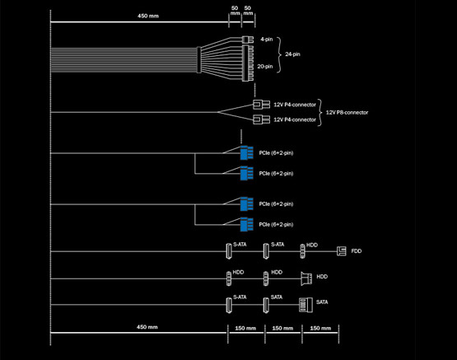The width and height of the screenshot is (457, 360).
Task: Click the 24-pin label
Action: [x=292, y=54]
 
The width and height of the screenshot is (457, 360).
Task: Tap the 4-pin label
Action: [x=267, y=40]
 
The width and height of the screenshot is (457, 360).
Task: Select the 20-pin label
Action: [x=265, y=67]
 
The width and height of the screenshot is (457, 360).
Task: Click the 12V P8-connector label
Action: [x=347, y=113]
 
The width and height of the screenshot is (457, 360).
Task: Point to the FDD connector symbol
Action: [x=341, y=251]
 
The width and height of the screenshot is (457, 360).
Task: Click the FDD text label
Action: [x=357, y=251]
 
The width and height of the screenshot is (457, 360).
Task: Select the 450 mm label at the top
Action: [x=148, y=16]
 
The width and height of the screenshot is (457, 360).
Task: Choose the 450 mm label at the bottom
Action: [x=147, y=327]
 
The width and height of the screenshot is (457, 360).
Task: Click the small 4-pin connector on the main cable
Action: [x=248, y=40]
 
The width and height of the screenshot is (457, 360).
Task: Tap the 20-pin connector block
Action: [x=248, y=63]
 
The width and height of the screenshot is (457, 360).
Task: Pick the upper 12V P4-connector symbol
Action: [x=261, y=105]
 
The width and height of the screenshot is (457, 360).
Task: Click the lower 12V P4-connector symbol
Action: [x=261, y=119]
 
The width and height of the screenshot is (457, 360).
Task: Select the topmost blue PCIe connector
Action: [x=246, y=152]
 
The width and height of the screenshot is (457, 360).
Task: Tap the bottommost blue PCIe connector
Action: [x=246, y=224]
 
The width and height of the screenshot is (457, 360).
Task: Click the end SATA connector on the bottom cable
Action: [x=306, y=305]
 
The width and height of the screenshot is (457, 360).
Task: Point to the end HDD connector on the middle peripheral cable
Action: [x=306, y=278]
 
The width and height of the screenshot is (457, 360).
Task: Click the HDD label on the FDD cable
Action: [x=312, y=245]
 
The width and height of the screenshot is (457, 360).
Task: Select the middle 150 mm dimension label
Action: [x=282, y=328]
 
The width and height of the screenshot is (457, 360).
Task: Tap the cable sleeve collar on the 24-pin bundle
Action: [x=199, y=60]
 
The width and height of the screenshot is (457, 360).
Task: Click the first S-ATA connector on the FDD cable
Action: [x=229, y=251]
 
